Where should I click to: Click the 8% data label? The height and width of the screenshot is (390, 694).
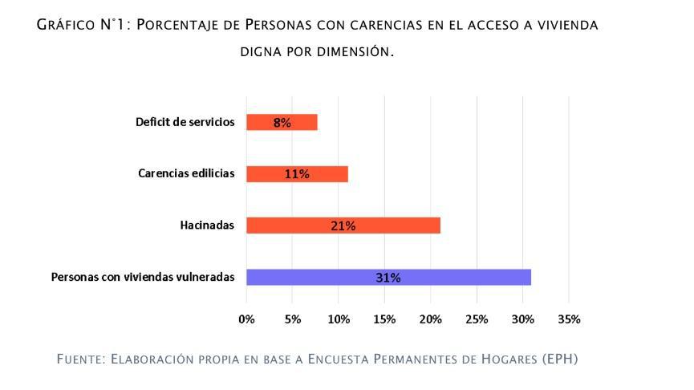pos(282,123)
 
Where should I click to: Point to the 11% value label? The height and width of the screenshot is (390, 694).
pos(297,174)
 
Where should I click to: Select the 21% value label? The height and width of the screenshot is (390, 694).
pos(343,225)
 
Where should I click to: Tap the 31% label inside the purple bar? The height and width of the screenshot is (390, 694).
pos(388,278)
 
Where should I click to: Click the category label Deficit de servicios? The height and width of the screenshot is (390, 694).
pos(185,122)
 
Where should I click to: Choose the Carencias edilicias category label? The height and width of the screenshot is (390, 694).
pos(186,173)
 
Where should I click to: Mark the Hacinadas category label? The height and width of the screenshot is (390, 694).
pos(207,225)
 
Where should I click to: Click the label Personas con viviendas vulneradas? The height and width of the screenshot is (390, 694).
pos(143,277)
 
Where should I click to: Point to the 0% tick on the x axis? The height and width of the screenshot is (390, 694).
pos(246,319)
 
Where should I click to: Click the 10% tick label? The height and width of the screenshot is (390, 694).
pos(339,319)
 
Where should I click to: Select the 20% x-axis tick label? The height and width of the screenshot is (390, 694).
pos(431,319)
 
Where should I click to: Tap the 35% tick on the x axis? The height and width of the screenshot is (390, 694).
pos(569,319)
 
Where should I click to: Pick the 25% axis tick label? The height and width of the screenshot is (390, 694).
pos(477,319)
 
